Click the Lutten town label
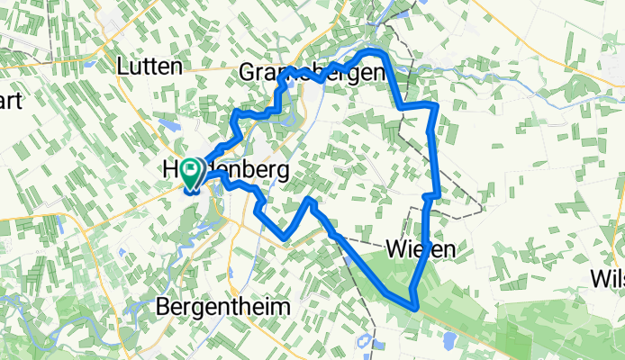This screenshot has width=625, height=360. pos(150,66)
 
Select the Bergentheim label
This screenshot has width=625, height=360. pos(223,307)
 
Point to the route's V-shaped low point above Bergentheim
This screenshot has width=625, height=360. pos(285,238)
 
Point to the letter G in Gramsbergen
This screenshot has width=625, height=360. pos(249,74)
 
